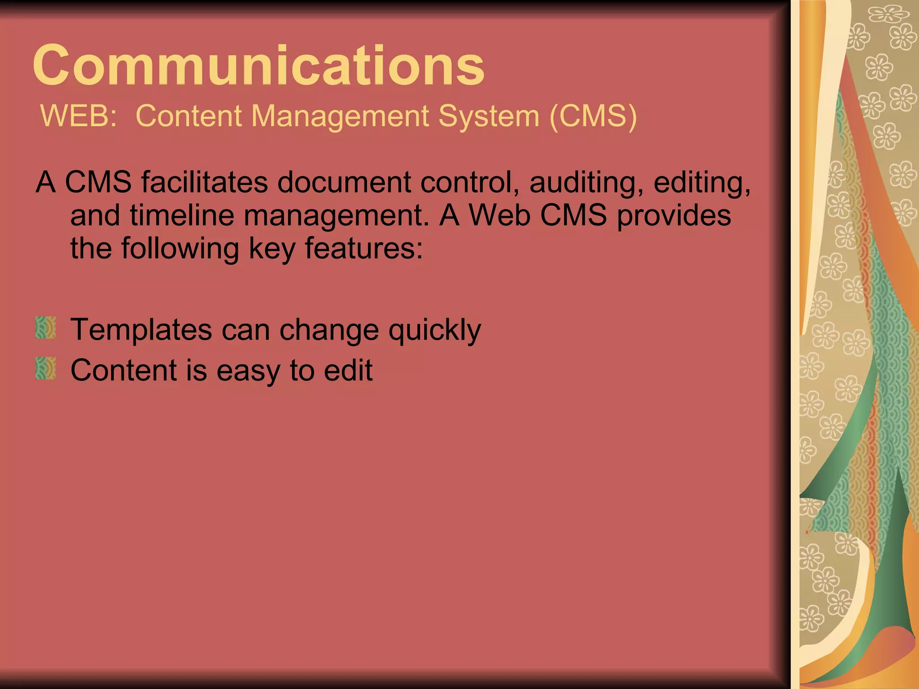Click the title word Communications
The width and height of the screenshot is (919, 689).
pyautogui.click(x=258, y=65)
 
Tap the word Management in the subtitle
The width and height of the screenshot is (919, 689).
pyautogui.click(x=340, y=116)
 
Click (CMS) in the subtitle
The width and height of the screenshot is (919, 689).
pyautogui.click(x=593, y=116)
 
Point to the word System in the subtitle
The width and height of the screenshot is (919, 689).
pyautogui.click(x=489, y=116)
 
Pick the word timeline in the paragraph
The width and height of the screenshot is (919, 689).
pyautogui.click(x=182, y=215)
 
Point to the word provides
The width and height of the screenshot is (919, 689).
pyautogui.click(x=674, y=216)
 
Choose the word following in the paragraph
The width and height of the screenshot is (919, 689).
pyautogui.click(x=180, y=249)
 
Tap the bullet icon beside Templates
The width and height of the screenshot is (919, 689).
pyautogui.click(x=45, y=327)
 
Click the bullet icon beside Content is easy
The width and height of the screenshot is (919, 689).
pyautogui.click(x=45, y=368)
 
